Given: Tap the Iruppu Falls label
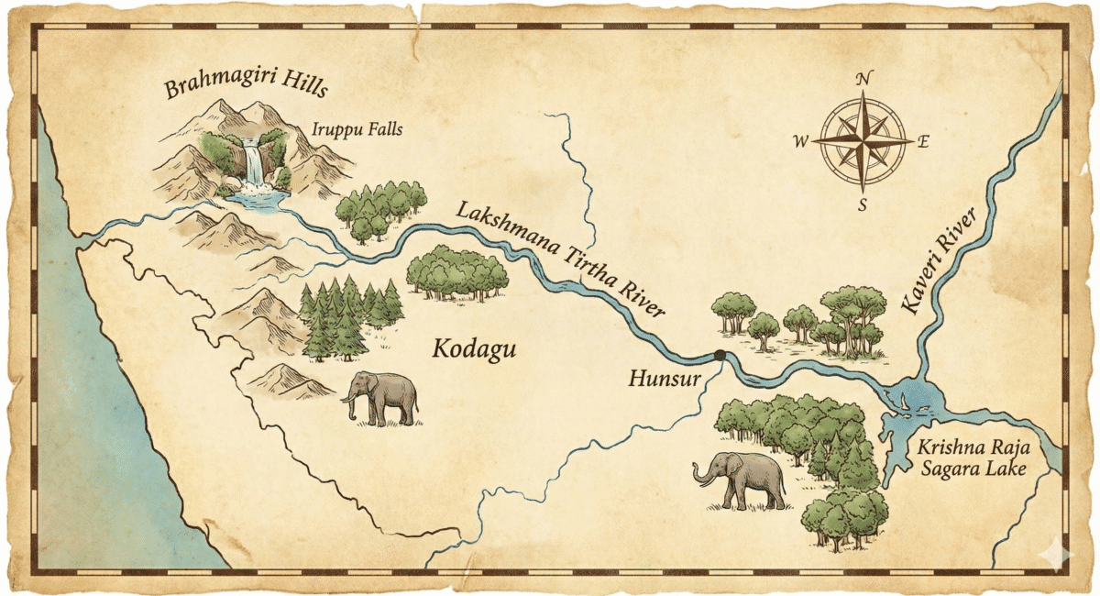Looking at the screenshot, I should [357, 130].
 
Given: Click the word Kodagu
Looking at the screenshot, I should [475, 349].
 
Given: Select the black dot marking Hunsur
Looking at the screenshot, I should [720, 356].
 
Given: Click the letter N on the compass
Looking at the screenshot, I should [863, 79].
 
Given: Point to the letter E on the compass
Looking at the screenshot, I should [923, 141].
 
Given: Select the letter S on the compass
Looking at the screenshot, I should [862, 204].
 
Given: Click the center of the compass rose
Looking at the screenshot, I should [863, 141].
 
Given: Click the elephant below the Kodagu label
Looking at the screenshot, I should [382, 398].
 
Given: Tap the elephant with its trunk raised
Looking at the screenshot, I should [741, 480].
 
